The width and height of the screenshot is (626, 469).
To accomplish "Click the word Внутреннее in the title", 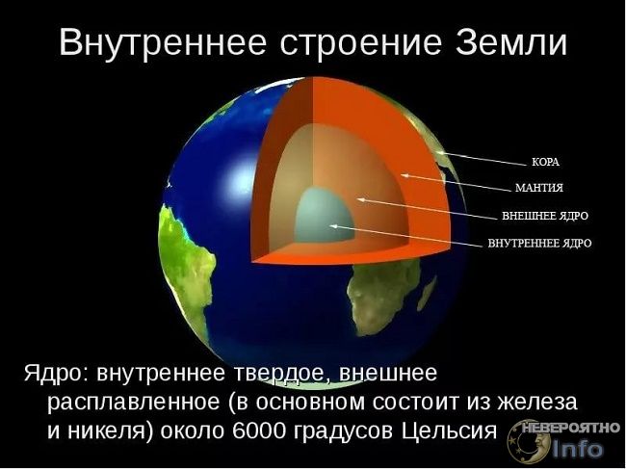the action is coord(163,42).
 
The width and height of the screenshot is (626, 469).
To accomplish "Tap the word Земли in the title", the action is coord(511,42).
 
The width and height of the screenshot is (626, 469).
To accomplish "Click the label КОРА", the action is coord(546,162).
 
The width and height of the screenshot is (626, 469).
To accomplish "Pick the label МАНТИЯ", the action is coord(539,188).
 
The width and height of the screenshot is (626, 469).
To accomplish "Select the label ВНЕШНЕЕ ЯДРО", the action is coord(545,216).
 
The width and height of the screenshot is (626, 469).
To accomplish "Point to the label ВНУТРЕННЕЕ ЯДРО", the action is coord(539,243).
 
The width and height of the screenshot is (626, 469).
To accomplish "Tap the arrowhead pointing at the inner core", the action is coord(332,226).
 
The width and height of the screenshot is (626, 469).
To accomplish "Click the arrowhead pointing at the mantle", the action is coord(404,175).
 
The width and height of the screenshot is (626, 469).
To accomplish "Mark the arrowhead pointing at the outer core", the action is coord(360,198).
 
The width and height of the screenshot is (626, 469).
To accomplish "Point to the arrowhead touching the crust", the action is coord(441,153).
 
